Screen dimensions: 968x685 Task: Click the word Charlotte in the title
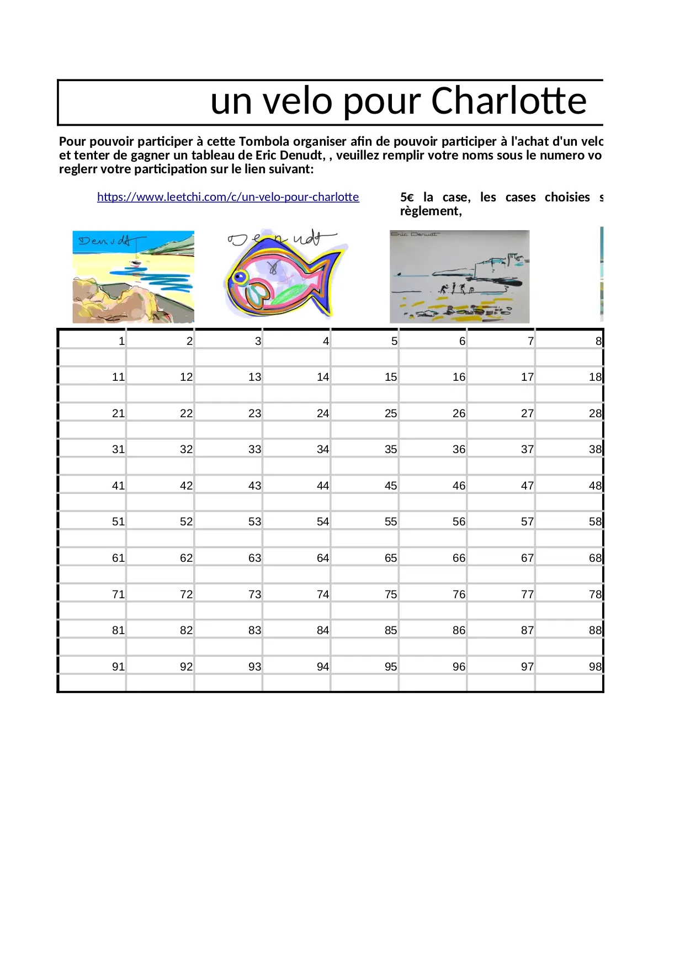508,101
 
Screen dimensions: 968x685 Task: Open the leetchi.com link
228,197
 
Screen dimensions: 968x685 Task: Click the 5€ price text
407,198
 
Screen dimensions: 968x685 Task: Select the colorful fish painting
284,276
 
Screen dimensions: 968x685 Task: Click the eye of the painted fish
240,276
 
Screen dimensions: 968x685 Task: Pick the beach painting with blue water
133,276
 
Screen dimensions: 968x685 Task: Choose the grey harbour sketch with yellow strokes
459,276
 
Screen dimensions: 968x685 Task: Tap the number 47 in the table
527,486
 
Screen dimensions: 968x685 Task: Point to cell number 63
254,558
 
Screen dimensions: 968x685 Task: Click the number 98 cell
595,667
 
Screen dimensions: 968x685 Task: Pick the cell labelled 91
118,667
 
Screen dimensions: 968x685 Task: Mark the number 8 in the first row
598,341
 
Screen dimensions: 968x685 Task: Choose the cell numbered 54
323,522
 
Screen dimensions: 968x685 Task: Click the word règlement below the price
431,211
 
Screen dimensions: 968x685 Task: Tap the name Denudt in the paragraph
302,155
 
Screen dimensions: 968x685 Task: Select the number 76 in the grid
459,594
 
